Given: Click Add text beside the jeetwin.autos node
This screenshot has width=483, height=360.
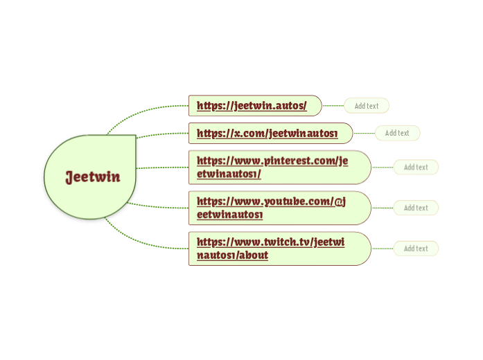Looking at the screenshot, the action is (x=367, y=106).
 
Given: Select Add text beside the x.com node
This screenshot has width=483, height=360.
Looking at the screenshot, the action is (x=397, y=133).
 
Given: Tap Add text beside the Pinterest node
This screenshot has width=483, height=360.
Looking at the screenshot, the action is (x=416, y=167).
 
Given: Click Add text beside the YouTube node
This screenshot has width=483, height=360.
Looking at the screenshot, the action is (x=416, y=208).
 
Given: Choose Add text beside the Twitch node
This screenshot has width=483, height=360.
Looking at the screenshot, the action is (x=416, y=249).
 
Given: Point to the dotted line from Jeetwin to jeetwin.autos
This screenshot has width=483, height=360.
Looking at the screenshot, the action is (x=146, y=110).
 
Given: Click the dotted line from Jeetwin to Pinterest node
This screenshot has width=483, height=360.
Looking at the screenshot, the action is (x=163, y=168).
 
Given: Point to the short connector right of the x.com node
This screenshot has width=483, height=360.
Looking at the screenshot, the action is (x=364, y=133).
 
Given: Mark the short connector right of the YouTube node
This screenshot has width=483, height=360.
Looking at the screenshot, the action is (x=383, y=208).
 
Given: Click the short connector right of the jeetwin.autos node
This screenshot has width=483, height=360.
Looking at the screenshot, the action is (x=333, y=106).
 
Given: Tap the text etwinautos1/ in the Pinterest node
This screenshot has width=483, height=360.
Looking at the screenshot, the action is (x=229, y=174).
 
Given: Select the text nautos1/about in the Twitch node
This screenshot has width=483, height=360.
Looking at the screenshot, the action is (x=232, y=255).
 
